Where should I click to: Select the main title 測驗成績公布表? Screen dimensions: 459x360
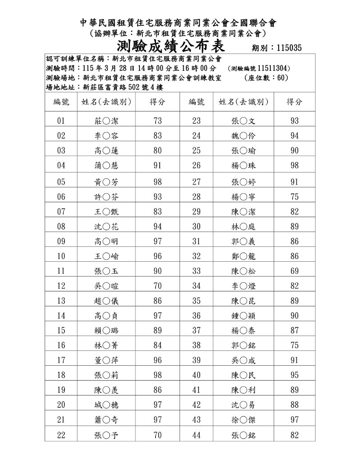pyautogui.click(x=171, y=46)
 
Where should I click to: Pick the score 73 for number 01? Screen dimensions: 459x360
pyautogui.click(x=157, y=121)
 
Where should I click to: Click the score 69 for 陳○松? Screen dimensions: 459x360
pyautogui.click(x=294, y=271)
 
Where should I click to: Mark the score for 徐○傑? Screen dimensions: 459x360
pyautogui.click(x=294, y=420)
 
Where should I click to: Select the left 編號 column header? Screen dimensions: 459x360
pyautogui.click(x=62, y=102)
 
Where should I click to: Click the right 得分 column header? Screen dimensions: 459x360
pyautogui.click(x=294, y=102)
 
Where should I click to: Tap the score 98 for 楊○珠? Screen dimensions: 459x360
pyautogui.click(x=294, y=166)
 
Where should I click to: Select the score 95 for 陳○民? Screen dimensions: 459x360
pyautogui.click(x=294, y=375)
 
